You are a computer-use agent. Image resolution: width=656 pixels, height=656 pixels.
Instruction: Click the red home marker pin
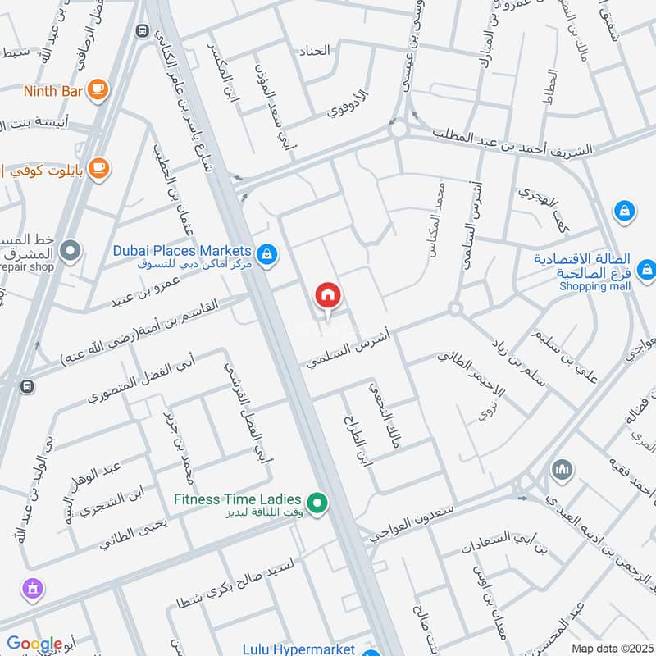tap(328, 295)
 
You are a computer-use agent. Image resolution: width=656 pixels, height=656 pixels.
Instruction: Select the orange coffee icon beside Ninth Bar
tap(98, 89)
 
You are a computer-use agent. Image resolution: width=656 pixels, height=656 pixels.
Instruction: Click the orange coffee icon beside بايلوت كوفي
tap(98, 168)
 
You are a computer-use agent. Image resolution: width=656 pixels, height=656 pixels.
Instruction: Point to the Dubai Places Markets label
tap(188, 250)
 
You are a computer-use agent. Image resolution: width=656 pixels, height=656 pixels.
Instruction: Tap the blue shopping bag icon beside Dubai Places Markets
tap(266, 256)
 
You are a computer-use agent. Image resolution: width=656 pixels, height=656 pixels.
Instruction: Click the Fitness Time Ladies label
tap(237, 498)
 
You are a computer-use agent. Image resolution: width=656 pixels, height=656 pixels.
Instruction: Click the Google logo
tap(34, 645)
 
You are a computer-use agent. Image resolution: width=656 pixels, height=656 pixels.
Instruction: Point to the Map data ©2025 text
tap(611, 649)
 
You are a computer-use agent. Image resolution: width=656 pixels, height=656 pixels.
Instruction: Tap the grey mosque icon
tap(561, 470)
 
